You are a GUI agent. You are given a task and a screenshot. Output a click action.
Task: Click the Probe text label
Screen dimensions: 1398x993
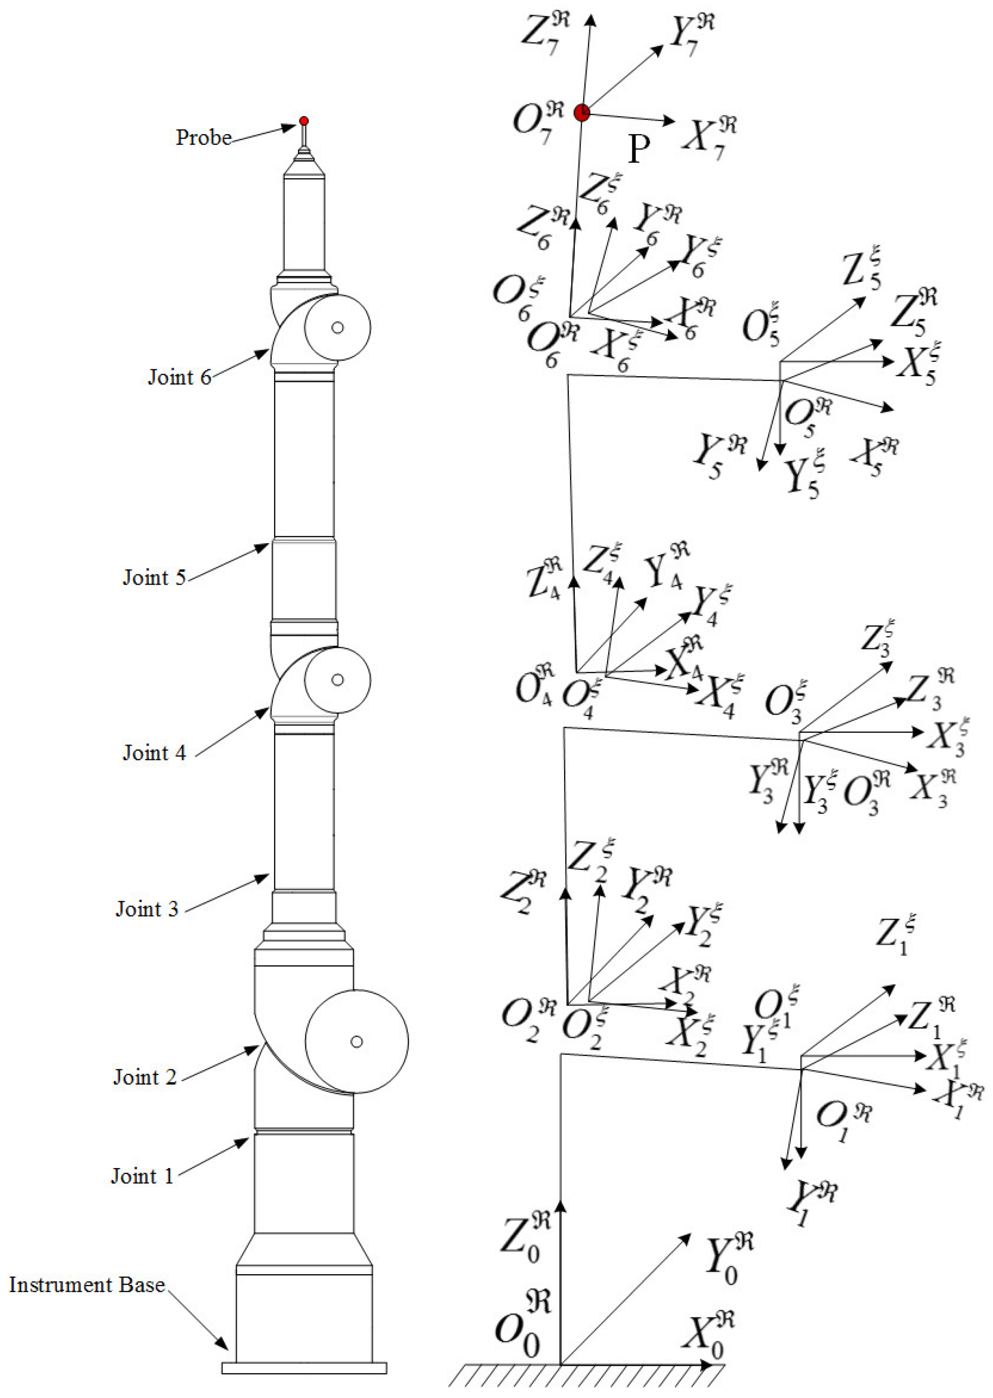[203, 137]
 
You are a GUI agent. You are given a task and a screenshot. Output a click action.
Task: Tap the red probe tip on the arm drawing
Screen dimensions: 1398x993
[304, 121]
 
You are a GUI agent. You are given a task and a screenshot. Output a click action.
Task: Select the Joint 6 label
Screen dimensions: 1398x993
[179, 377]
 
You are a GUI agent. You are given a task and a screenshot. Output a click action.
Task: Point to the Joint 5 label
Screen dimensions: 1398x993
[154, 577]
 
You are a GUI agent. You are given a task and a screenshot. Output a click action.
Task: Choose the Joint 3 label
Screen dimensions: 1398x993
[147, 909]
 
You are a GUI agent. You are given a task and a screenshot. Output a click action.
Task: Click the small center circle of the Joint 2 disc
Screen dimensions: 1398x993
[357, 1042]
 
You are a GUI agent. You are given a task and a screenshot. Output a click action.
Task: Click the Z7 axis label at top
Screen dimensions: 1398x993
[544, 34]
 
